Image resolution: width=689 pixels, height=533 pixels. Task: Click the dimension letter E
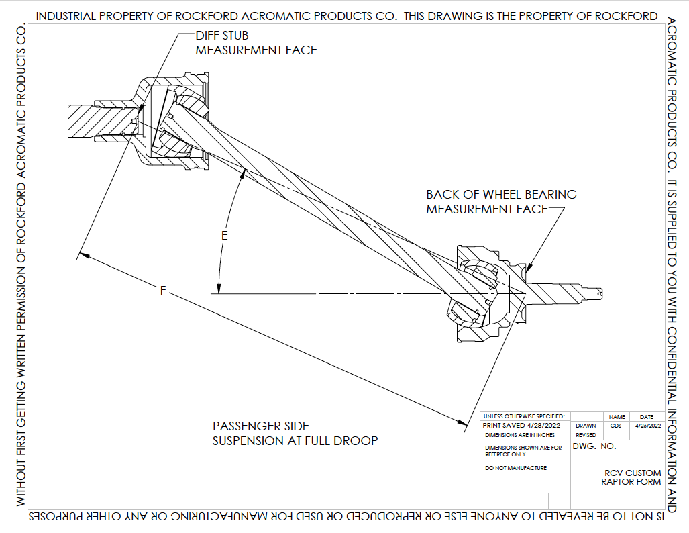coord(225,236)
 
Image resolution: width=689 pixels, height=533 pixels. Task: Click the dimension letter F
coord(162,291)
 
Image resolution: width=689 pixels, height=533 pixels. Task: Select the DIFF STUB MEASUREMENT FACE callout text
coord(256,42)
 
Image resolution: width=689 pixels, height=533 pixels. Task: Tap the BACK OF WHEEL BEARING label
coord(501,195)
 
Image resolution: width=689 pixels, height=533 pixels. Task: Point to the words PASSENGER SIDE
coord(261,426)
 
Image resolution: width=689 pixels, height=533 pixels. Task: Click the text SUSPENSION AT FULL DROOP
coord(295,441)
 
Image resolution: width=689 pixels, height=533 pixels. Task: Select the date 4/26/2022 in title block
coord(647,426)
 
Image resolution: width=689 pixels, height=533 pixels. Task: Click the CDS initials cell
coord(616,426)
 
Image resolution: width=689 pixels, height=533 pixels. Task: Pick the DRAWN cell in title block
coord(586,426)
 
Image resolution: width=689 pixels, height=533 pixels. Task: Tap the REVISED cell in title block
coord(586,435)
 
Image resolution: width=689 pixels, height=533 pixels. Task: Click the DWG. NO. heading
coord(594,446)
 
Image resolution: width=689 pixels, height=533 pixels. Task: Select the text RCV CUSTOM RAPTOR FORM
coord(631,477)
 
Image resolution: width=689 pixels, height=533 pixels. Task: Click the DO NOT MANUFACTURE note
coord(515,468)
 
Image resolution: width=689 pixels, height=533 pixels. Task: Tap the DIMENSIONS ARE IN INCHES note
coord(519,435)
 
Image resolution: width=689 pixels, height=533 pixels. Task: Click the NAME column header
coord(617,417)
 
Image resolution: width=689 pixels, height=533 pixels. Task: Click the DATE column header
coord(647,417)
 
